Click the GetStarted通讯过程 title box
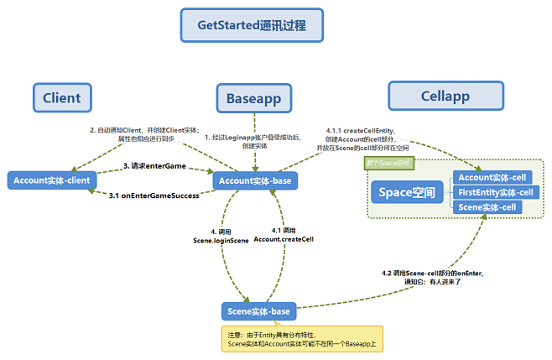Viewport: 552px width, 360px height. [x=252, y=25]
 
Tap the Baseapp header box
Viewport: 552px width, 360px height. [x=253, y=99]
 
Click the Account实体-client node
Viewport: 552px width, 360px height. [x=52, y=180]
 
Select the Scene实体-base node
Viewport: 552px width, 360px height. [x=258, y=311]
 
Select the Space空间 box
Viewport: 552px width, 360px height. [x=407, y=193]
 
